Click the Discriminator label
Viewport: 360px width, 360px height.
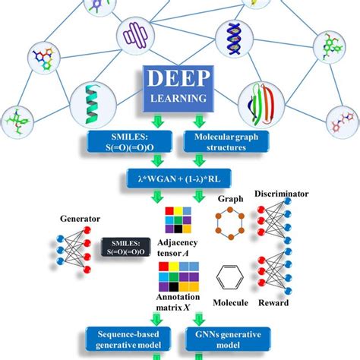[283, 194]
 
